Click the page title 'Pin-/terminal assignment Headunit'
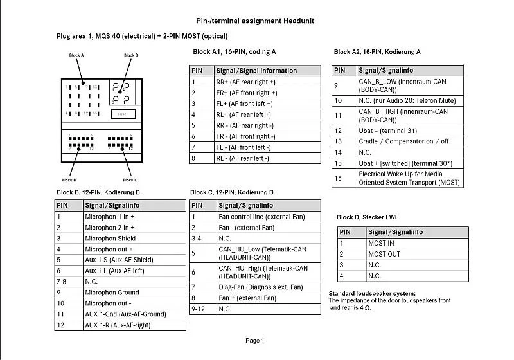pos(254,21)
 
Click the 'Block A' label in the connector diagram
pos(76,55)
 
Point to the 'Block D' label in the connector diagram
pos(131,55)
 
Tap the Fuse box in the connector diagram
pos(122,114)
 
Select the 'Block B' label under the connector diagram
pos(69,180)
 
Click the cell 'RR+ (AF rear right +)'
pos(245,82)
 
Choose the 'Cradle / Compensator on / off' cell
pos(403,141)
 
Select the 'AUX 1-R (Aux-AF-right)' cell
pos(118,325)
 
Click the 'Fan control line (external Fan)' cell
pos(261,217)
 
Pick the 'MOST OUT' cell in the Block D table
pos(384,254)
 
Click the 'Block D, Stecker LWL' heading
pos(368,217)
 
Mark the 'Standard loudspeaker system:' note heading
pos(372,294)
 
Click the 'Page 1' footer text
pos(254,341)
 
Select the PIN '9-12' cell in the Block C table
pos(200,309)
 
